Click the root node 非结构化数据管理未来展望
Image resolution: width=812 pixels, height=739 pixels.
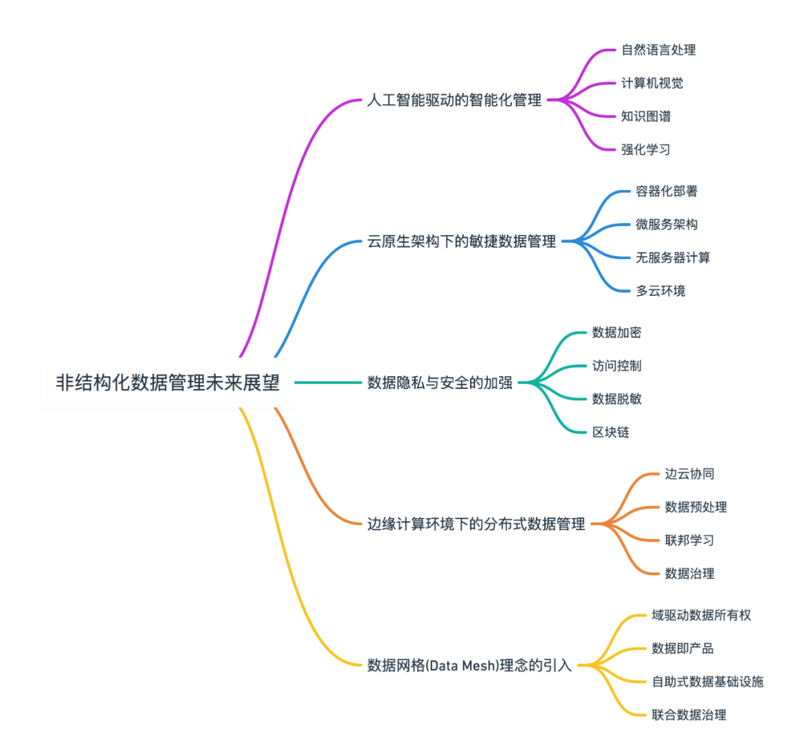click(x=168, y=382)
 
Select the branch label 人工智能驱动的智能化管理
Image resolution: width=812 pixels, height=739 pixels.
click(x=454, y=100)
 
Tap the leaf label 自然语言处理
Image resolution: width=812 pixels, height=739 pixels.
click(x=658, y=50)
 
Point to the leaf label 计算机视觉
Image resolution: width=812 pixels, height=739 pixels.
click(x=652, y=83)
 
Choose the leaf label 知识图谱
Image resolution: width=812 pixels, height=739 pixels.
click(x=646, y=116)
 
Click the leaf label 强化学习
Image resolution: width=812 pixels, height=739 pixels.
click(x=646, y=149)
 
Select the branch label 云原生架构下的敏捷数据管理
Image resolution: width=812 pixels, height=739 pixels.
click(x=462, y=241)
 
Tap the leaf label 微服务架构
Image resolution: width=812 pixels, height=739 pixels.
click(x=667, y=225)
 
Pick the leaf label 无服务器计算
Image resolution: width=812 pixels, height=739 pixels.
click(x=673, y=258)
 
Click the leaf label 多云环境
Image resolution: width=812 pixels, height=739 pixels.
click(x=661, y=291)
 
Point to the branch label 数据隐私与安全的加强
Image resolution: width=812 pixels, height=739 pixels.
click(x=440, y=382)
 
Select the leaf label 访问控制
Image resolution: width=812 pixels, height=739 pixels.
click(x=617, y=366)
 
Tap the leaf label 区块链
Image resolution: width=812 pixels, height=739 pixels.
click(x=611, y=432)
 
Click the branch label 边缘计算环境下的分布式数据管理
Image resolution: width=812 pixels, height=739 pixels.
click(x=476, y=523)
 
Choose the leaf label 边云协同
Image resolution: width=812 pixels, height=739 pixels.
click(x=689, y=474)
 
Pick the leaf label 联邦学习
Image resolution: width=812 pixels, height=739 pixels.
click(x=689, y=540)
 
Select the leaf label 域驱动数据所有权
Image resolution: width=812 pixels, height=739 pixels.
click(x=701, y=615)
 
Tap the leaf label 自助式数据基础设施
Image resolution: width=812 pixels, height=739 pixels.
click(x=707, y=681)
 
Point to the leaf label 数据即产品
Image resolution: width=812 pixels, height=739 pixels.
click(x=683, y=648)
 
